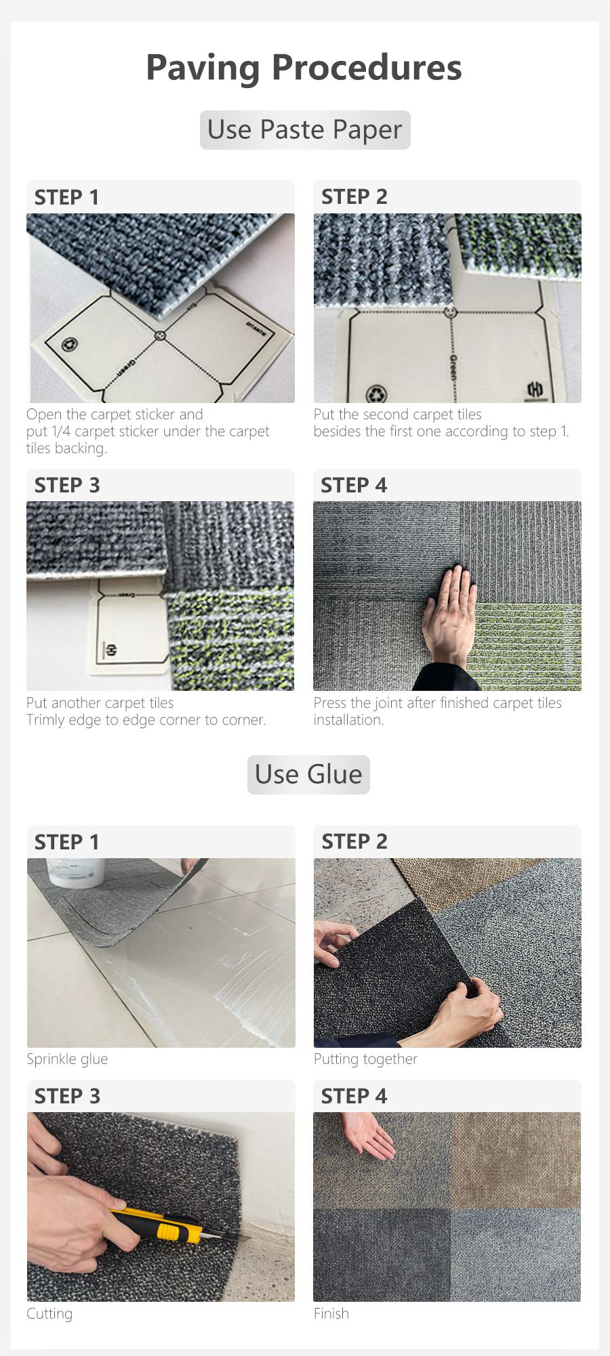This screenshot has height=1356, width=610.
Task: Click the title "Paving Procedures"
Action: (304, 68)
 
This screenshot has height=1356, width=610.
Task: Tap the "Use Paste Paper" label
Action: (305, 129)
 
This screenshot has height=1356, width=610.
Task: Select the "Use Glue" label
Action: (308, 774)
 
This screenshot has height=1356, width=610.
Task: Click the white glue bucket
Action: (76, 872)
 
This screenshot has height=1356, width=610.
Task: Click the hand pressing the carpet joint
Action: (449, 616)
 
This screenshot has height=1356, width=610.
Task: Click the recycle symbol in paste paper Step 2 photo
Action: (376, 394)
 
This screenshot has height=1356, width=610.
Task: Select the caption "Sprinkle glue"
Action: (67, 1059)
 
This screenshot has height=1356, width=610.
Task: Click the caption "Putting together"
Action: (365, 1059)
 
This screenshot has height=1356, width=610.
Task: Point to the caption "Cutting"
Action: (49, 1313)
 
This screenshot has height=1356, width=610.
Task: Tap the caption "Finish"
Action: (331, 1313)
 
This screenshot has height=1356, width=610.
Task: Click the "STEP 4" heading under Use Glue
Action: (354, 1096)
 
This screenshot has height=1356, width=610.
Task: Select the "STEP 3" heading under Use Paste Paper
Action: (67, 485)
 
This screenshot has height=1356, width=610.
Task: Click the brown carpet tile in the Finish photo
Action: (515, 1160)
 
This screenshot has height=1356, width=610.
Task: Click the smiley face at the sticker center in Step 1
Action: (160, 335)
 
